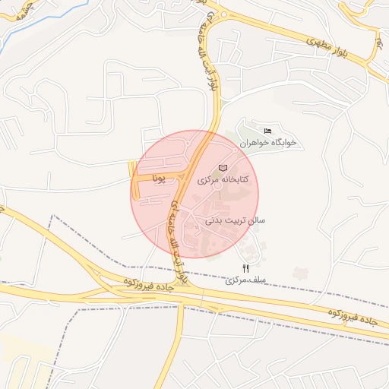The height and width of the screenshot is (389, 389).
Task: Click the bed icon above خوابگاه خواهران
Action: pyautogui.click(x=267, y=131)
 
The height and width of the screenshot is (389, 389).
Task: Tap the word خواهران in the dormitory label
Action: pyautogui.click(x=255, y=143)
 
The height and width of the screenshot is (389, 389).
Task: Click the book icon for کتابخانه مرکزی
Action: pyautogui.click(x=222, y=167)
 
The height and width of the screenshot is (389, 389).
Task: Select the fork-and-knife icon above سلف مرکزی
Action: pyautogui.click(x=245, y=267)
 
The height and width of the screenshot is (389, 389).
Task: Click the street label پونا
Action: pyautogui.click(x=158, y=179)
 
